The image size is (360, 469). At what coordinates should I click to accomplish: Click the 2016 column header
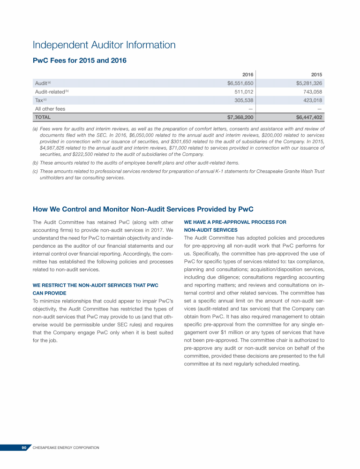point(247,75)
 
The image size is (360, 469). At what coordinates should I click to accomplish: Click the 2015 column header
point(316,75)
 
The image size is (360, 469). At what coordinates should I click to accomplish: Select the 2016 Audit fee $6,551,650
point(237,83)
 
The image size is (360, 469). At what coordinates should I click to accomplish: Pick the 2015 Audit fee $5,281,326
point(306,83)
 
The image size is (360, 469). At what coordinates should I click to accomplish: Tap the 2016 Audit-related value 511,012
point(243,91)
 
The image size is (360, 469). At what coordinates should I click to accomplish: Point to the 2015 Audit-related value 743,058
point(312,91)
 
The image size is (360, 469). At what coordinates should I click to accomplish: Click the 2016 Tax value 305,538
point(243,100)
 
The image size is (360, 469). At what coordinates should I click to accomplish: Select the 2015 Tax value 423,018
point(312,100)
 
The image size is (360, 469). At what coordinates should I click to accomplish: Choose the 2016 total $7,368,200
point(237,117)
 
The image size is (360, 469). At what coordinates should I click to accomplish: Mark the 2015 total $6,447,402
point(306,117)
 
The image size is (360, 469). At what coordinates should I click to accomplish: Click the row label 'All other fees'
point(50,109)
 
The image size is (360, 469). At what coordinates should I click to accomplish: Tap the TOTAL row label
point(43,117)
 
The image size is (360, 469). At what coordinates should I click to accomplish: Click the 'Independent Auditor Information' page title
point(104,45)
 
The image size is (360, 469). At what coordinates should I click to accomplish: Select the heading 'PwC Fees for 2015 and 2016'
point(79,61)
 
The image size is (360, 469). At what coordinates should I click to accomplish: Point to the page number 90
point(24,448)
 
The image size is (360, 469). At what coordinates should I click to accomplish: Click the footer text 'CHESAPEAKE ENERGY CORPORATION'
point(66,448)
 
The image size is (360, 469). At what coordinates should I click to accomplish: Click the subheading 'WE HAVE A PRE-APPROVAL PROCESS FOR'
point(235,222)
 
